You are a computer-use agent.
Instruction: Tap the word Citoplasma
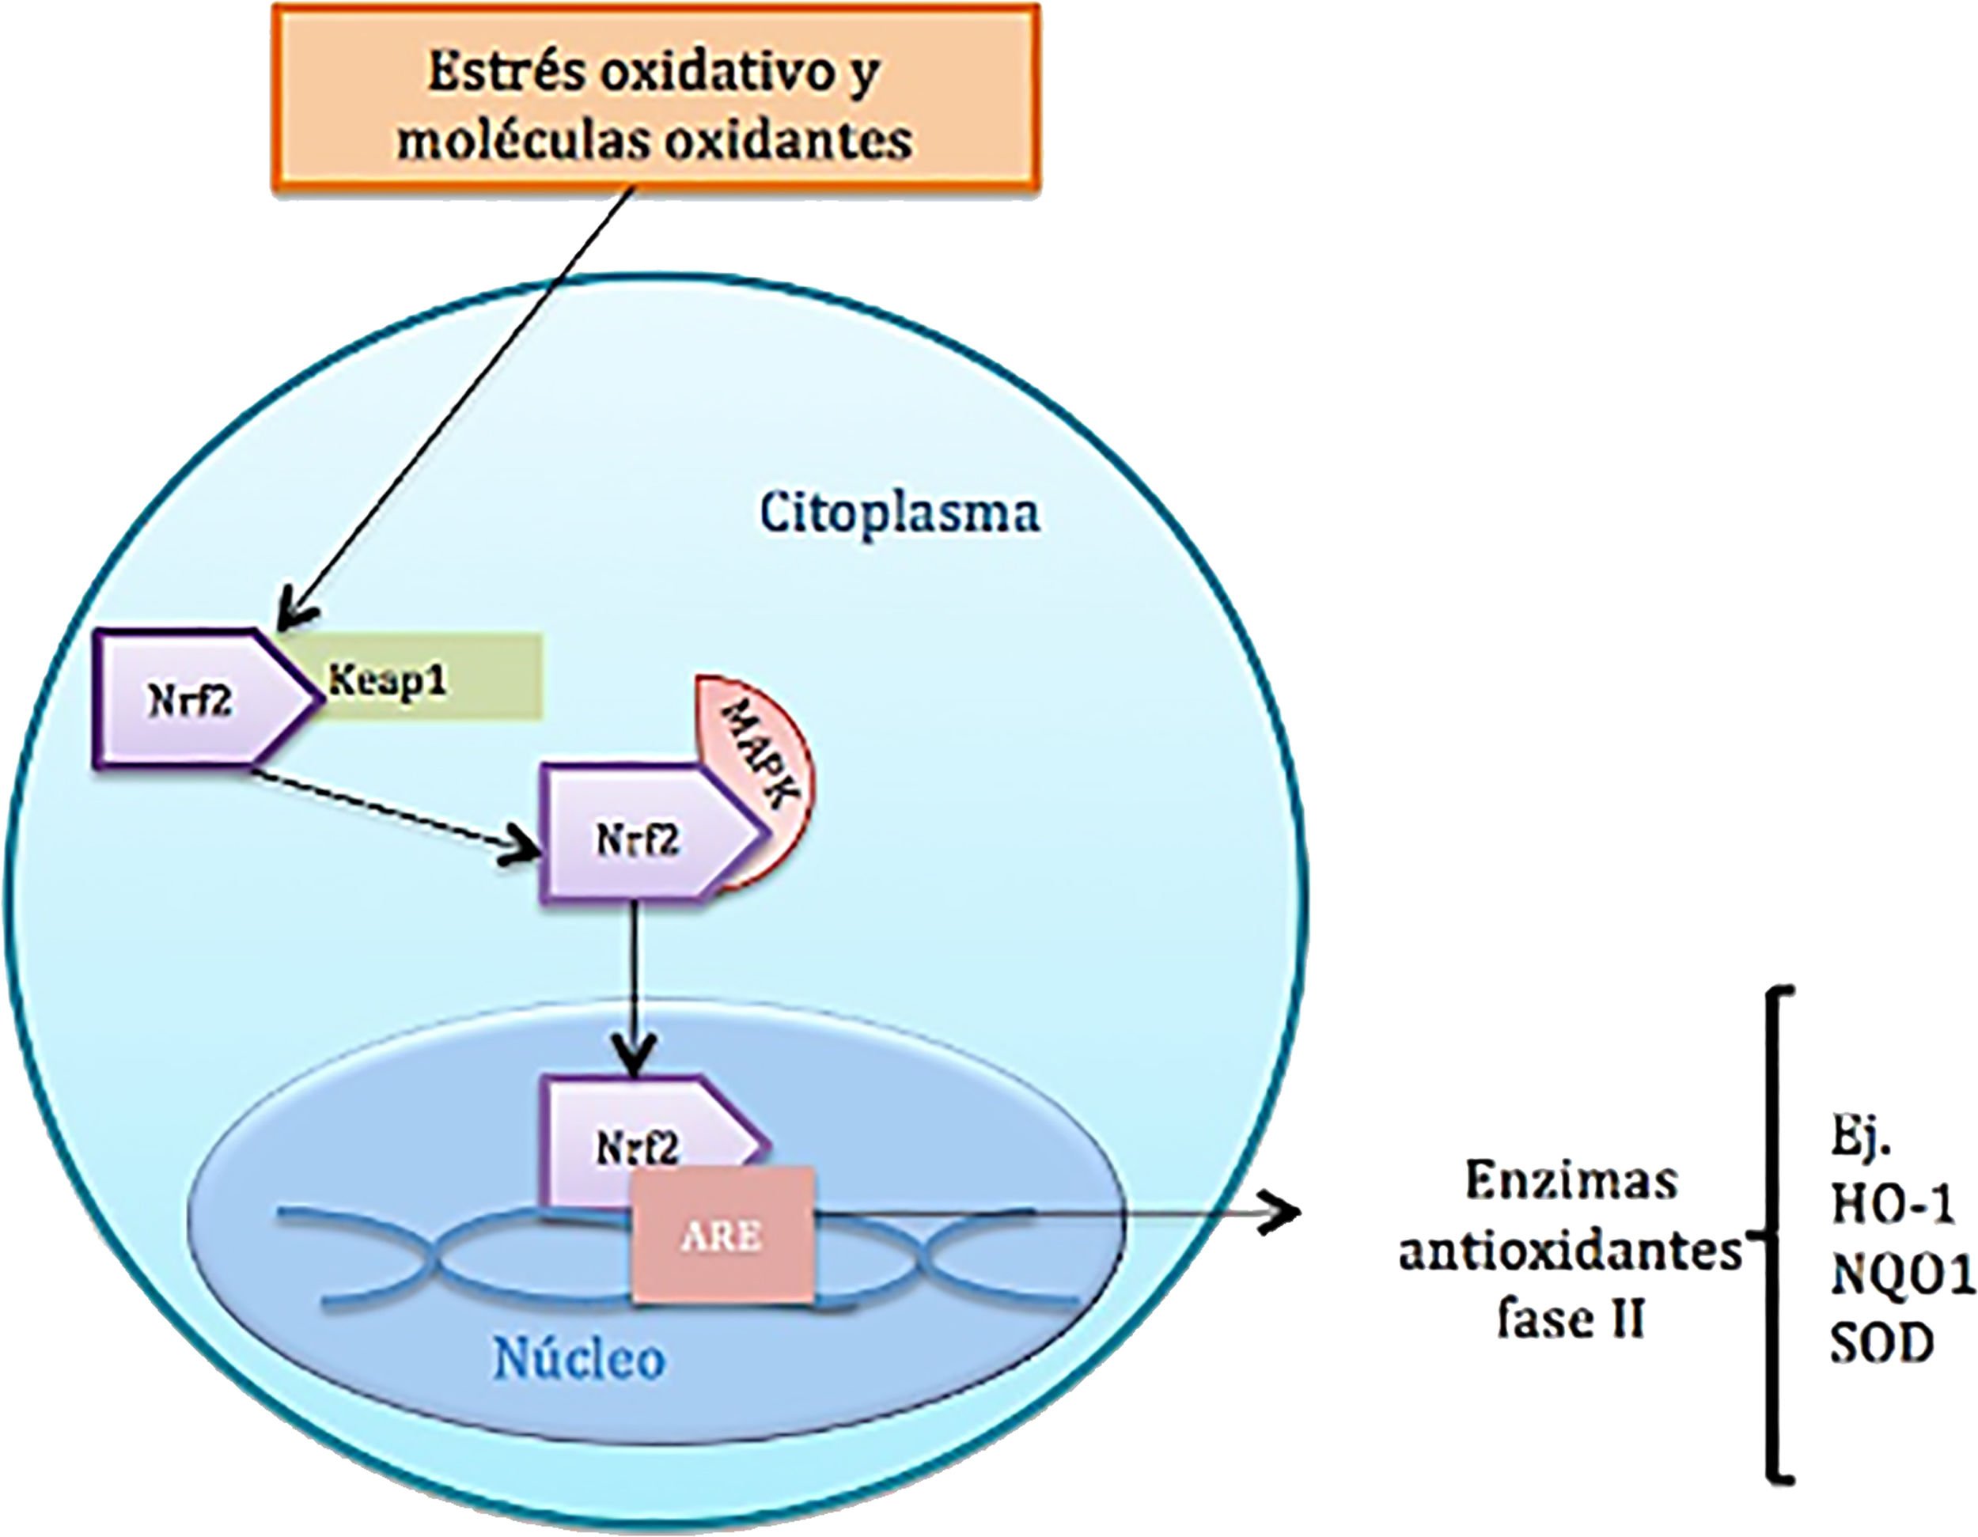900,513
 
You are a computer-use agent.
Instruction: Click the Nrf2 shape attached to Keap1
208,699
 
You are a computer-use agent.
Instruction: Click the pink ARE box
722,1236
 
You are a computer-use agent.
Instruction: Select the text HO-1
1891,1206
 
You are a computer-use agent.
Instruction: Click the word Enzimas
1571,1181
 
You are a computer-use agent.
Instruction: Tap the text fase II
1571,1319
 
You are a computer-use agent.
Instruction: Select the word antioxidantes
1571,1251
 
